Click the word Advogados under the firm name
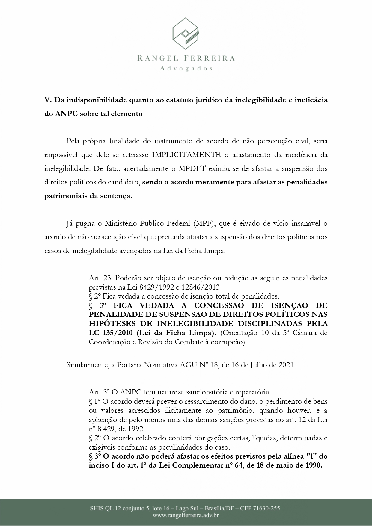point(186,68)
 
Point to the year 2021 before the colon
point(286,365)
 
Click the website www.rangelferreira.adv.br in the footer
point(186,516)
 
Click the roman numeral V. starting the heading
point(48,100)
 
